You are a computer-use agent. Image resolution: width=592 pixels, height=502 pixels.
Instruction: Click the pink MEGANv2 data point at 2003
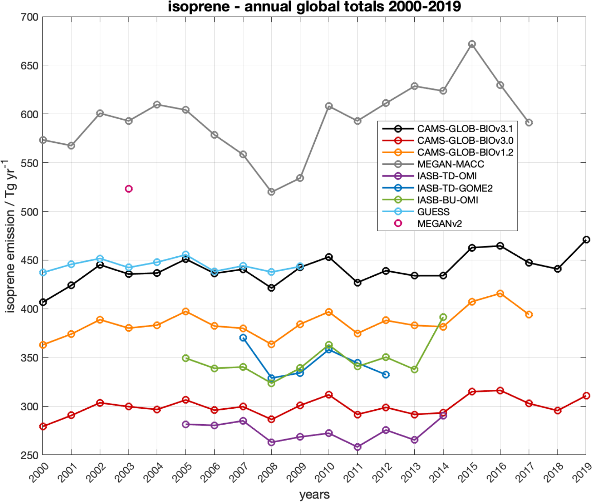pos(128,189)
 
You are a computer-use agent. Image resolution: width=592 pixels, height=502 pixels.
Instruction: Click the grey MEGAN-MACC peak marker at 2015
pos(472,44)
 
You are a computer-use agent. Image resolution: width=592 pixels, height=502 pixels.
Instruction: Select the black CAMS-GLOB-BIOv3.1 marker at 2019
pos(586,240)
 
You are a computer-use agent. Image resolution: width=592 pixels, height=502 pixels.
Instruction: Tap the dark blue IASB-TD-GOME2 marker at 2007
pos(243,338)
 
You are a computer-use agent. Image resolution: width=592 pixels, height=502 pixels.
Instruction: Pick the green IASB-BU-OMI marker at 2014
pos(443,317)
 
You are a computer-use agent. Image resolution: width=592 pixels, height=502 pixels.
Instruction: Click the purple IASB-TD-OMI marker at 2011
pos(358,447)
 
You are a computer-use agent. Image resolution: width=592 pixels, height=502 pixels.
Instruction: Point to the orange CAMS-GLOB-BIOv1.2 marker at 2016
pos(500,294)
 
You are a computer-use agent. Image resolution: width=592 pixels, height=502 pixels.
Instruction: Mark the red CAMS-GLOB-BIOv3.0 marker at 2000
pos(43,426)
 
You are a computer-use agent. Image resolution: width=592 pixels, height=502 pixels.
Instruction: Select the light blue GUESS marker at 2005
pos(186,254)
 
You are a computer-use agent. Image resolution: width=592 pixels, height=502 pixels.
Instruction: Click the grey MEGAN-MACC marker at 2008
pos(272,192)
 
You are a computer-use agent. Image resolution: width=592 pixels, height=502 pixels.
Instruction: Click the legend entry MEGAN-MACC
pos(451,164)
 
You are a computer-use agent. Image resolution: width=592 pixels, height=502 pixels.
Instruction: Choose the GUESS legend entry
pos(433,212)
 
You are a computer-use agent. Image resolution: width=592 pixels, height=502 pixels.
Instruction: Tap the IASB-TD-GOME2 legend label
pos(455,188)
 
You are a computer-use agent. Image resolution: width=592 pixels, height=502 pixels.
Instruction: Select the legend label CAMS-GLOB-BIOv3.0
pos(465,140)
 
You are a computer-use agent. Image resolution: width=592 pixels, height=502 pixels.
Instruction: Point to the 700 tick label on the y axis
pos(30,17)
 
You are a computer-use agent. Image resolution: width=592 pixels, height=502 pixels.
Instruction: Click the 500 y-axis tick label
pos(30,212)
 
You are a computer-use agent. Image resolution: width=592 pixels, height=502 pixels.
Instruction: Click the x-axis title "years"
pos(314,494)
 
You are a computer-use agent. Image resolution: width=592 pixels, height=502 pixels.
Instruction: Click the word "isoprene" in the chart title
pos(199,7)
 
